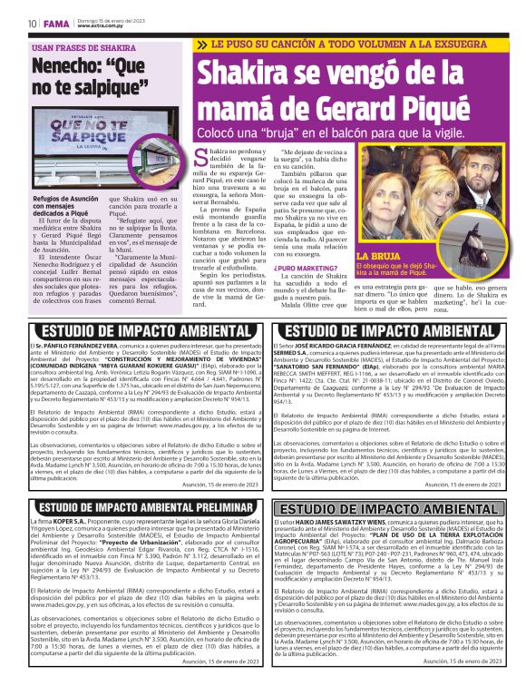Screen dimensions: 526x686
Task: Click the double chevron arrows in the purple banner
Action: point(202,44)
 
